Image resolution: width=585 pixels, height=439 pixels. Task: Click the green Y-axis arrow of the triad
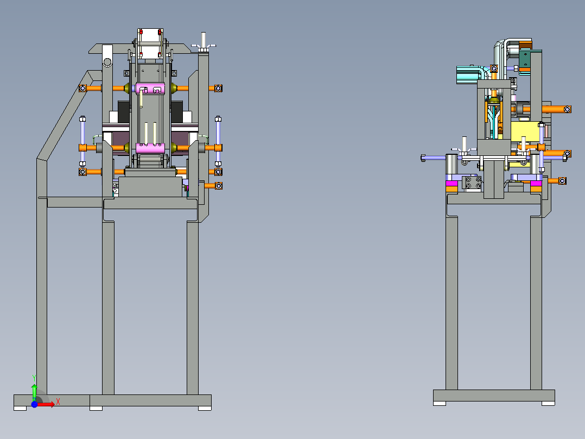point(34,392)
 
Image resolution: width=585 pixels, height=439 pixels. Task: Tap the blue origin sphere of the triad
point(34,404)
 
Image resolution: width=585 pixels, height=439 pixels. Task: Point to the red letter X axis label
point(58,402)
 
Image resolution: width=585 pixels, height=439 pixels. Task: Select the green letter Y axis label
point(34,378)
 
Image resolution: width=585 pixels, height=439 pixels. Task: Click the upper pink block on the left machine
point(150,89)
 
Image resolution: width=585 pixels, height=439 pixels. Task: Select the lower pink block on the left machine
point(150,148)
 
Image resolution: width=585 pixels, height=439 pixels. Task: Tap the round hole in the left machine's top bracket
point(107,62)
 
